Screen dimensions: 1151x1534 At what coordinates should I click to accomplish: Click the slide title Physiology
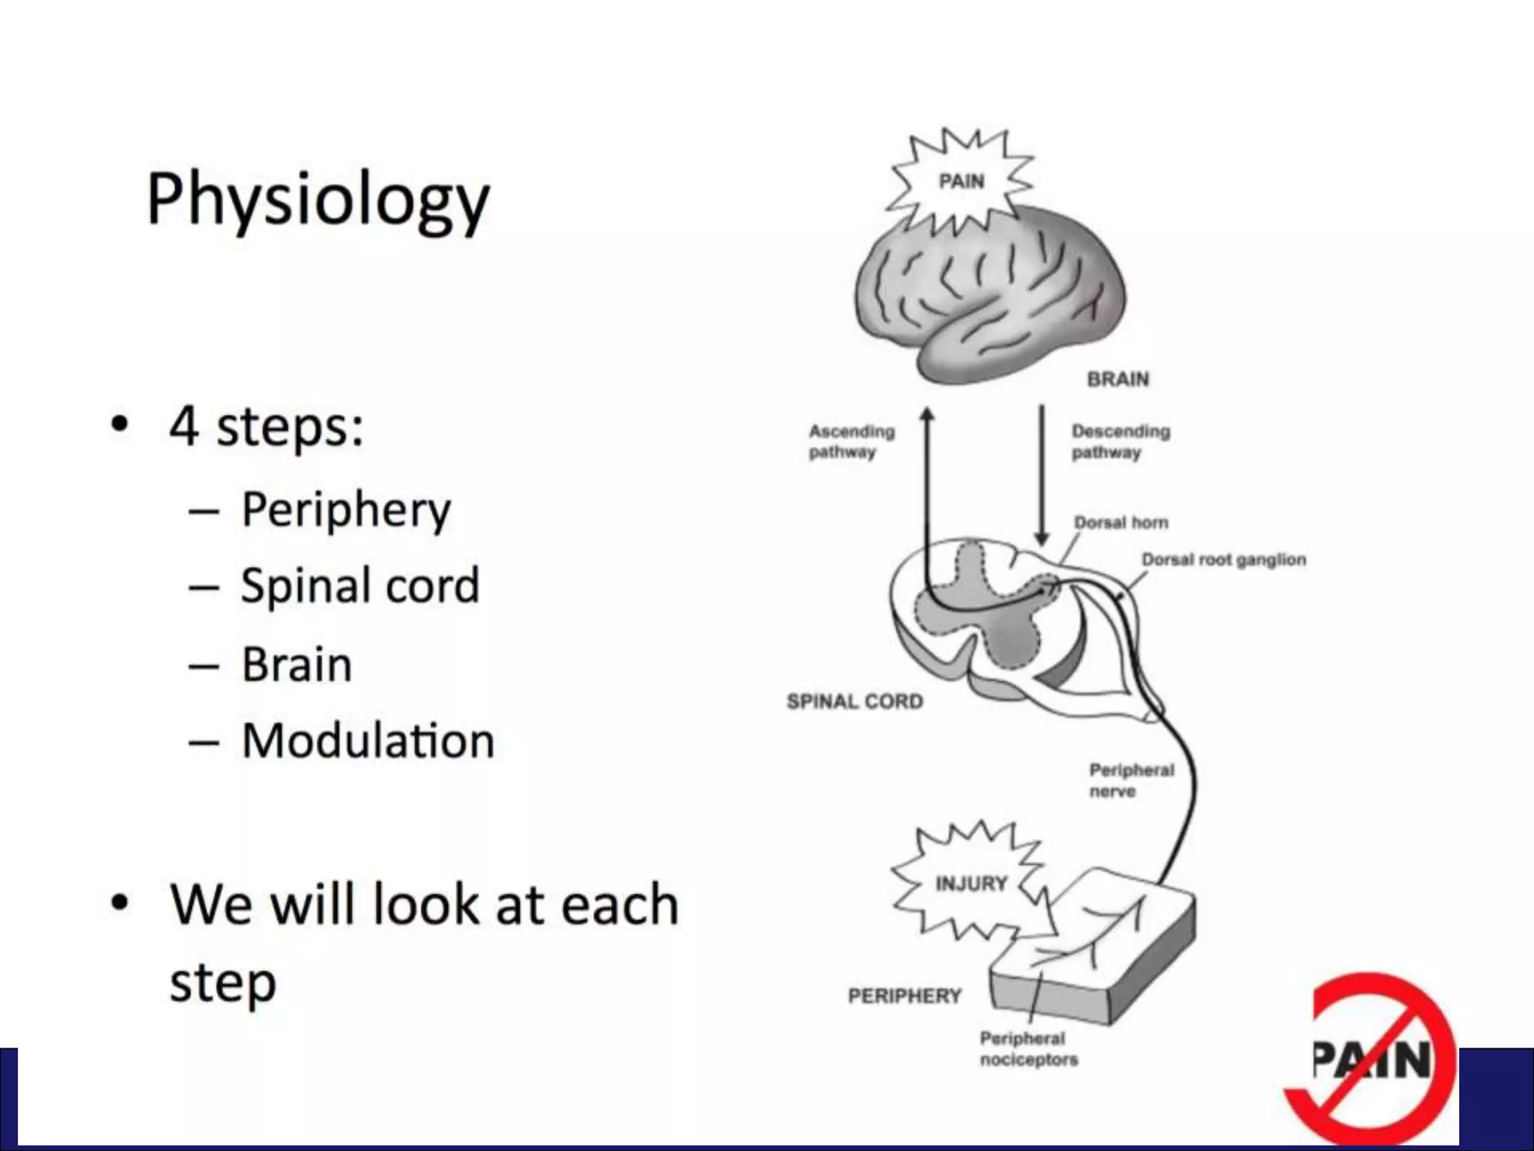[x=318, y=199]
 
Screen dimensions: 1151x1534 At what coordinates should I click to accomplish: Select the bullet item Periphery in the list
[x=346, y=510]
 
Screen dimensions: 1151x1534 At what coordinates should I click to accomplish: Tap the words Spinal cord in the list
[x=360, y=585]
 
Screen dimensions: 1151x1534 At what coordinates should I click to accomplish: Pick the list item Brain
[x=297, y=665]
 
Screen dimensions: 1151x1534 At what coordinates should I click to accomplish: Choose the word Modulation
[x=368, y=741]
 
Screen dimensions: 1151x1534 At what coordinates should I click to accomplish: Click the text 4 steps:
[x=267, y=426]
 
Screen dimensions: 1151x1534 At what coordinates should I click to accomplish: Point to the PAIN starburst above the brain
[x=961, y=181]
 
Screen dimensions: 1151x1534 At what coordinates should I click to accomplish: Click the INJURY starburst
[x=971, y=883]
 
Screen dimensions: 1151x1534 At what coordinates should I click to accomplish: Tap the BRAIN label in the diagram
[x=1118, y=379]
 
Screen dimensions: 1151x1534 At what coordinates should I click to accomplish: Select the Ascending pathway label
[x=851, y=441]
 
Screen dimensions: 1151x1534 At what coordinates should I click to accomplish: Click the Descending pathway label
[x=1120, y=441]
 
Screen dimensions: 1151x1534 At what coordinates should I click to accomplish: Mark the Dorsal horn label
[x=1121, y=522]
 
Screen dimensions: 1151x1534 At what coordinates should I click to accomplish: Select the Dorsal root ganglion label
[x=1223, y=560]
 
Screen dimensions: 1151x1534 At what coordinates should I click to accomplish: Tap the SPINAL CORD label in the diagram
[x=855, y=701]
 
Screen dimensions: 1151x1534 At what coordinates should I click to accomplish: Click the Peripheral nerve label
[x=1131, y=780]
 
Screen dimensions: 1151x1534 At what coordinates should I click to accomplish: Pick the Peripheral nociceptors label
[x=1028, y=1048]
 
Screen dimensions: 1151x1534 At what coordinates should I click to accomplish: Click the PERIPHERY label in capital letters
[x=904, y=996]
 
